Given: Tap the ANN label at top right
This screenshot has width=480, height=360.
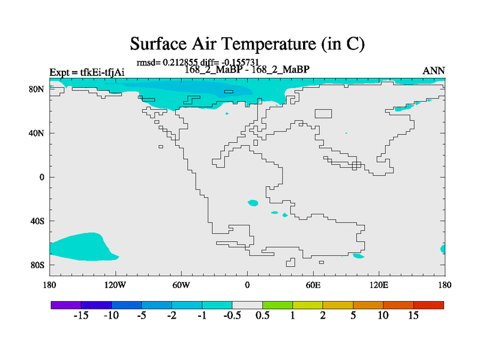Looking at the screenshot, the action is click(x=433, y=71).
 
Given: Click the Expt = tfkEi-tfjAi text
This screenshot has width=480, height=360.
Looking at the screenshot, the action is click(x=87, y=72).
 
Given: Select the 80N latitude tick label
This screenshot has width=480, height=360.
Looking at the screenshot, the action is click(x=37, y=89).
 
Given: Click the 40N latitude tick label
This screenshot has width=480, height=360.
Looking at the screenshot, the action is click(x=37, y=133).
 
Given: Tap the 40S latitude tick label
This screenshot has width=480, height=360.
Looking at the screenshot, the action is click(x=37, y=221).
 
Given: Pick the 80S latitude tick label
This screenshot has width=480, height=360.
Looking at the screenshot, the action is click(x=37, y=265).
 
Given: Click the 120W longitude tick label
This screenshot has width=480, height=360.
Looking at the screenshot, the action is click(x=115, y=286).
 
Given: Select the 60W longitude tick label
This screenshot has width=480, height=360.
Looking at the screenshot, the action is click(x=181, y=286).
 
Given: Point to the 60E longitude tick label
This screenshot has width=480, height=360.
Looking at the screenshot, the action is click(x=313, y=286).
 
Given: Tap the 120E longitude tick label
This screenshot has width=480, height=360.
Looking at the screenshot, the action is click(x=379, y=286).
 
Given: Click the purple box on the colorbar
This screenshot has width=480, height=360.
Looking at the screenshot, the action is click(x=66, y=305).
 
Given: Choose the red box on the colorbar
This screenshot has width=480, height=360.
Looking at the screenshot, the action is click(x=428, y=305).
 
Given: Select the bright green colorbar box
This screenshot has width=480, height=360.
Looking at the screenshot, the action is click(x=278, y=305).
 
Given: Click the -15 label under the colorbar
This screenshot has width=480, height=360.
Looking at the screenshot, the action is click(x=81, y=316).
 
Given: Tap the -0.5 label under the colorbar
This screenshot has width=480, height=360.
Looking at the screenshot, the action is click(x=232, y=316).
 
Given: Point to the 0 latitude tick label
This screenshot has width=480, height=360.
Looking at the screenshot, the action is click(x=41, y=177).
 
